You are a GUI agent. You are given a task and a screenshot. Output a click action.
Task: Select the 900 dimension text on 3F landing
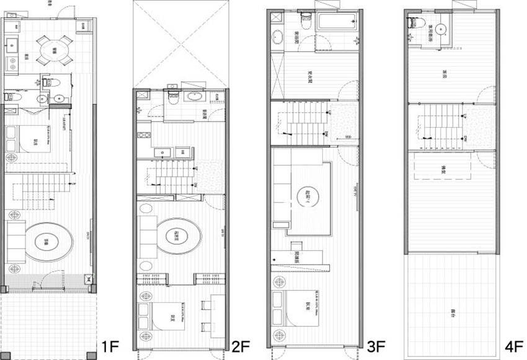coord(348,136)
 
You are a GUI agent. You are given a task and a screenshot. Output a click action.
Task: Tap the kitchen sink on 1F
coord(12,43)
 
